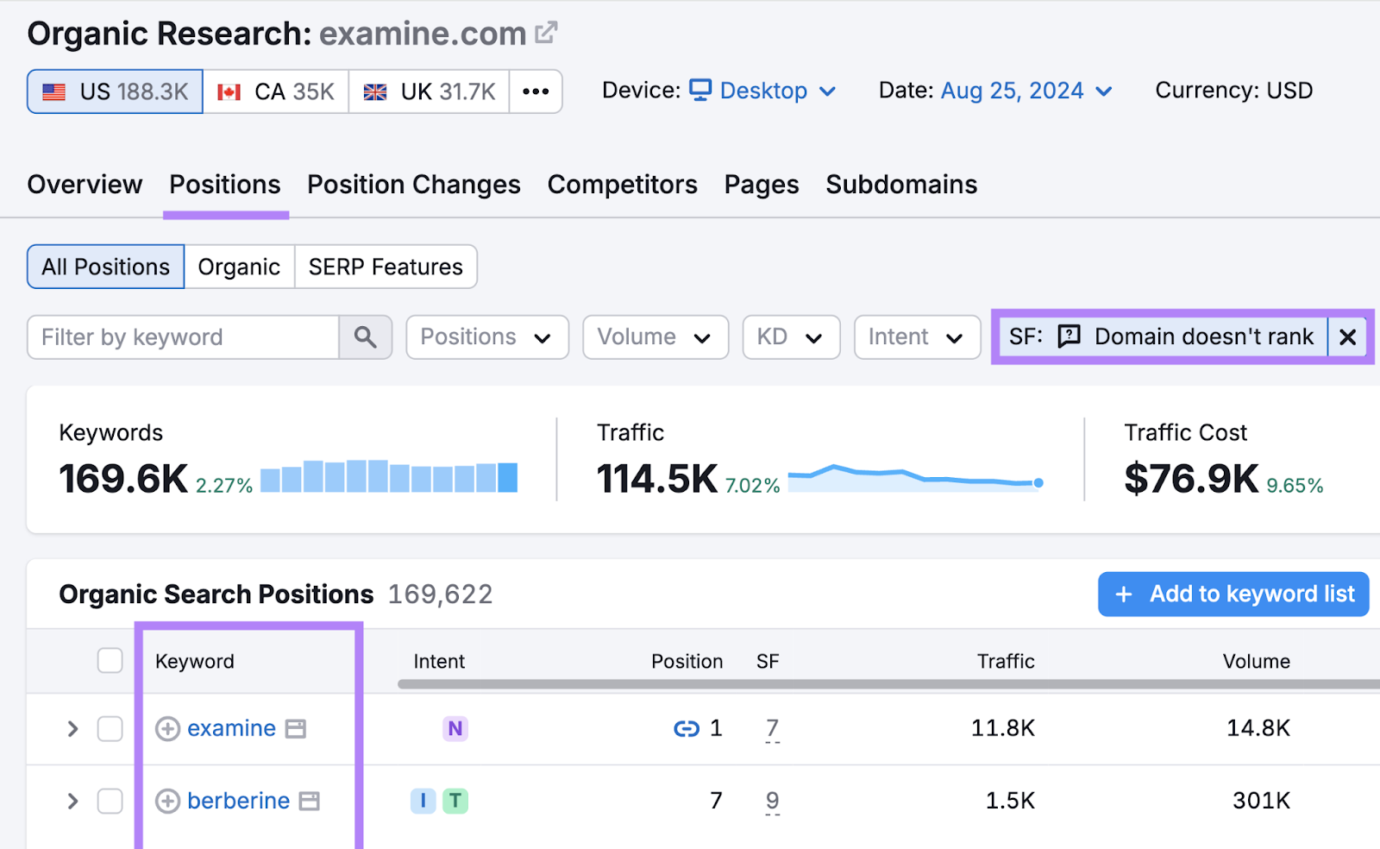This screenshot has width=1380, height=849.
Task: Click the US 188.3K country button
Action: (x=116, y=91)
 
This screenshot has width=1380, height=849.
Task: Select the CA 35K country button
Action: (x=276, y=91)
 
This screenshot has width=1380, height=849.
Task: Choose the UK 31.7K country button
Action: (x=430, y=91)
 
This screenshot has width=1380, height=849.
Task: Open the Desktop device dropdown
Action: (x=763, y=91)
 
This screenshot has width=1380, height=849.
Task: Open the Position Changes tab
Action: (x=414, y=185)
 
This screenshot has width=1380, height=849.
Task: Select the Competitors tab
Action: (x=622, y=185)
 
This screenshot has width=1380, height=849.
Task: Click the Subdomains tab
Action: (x=901, y=185)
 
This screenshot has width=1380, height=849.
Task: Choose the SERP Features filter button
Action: (x=386, y=267)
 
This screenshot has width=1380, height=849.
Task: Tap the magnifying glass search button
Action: (x=366, y=337)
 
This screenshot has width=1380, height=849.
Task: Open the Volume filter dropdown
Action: (x=655, y=337)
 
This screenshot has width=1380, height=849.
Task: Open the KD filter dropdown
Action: (x=790, y=337)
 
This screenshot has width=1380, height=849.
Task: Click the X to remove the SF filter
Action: (x=1348, y=337)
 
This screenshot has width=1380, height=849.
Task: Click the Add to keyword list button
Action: (x=1233, y=594)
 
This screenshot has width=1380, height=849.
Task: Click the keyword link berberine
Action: (x=238, y=802)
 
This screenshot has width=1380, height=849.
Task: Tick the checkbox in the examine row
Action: (x=110, y=729)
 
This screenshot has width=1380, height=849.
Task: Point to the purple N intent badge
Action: (x=455, y=729)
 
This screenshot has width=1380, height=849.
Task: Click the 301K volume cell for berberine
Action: (x=1261, y=802)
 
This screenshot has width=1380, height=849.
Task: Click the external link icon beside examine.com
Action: (x=546, y=34)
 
